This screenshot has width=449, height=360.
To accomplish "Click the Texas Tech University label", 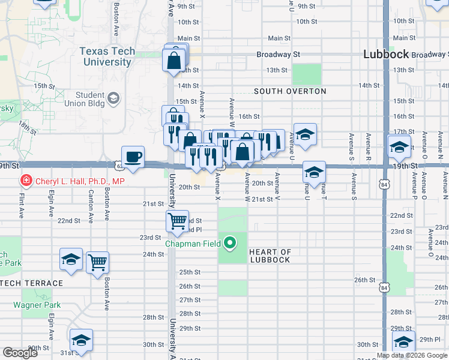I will point(107,57).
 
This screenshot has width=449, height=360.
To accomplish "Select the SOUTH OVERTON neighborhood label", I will point(290,91).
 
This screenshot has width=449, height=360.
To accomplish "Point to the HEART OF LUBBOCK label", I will point(270,256).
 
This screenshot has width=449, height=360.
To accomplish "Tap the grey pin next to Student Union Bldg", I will point(113,98).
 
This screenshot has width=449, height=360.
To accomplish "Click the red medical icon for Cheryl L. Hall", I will point(26,181).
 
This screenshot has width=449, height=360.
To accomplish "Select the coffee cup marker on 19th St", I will point(133,157).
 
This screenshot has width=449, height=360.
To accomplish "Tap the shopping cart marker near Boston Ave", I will point(97,262).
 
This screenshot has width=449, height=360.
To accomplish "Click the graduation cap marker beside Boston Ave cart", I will point(71,260).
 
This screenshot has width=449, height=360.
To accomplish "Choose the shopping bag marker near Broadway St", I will point(173,61).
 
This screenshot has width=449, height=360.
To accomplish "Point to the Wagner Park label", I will point(41,305).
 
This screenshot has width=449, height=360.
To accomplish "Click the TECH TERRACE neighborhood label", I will point(31,283).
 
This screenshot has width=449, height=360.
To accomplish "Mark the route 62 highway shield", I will point(119,164).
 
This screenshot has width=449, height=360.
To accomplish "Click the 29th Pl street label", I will point(430,340).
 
